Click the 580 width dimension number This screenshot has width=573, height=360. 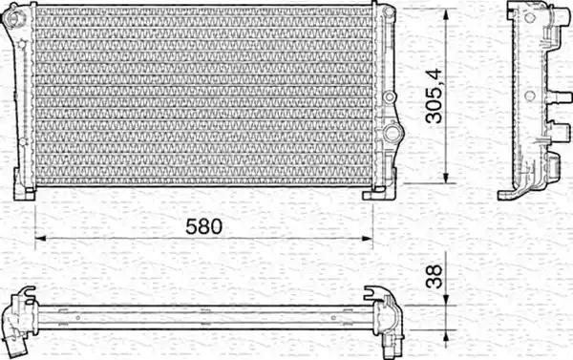203,227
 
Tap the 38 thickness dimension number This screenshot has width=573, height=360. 435,277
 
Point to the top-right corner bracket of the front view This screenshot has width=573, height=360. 388,12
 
